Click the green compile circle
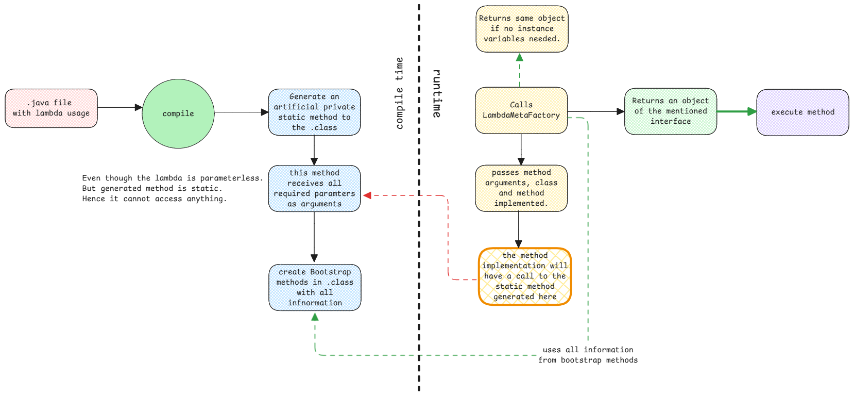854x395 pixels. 178,114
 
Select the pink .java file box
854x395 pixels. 51,108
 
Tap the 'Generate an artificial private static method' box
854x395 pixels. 314,112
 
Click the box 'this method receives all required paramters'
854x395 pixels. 314,189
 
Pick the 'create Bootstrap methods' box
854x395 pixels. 315,288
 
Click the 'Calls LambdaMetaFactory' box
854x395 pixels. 521,110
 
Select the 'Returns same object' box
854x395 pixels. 522,29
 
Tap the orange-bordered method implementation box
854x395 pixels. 525,277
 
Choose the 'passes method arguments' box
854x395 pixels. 521,188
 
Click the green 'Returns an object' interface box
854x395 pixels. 670,111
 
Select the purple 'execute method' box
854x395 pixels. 802,112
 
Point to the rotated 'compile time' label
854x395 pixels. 399,93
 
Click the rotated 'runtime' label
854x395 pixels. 437,93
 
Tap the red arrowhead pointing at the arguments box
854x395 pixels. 367,195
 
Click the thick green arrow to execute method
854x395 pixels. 737,111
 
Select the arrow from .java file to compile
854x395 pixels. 119,107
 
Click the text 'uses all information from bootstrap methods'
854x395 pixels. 588,355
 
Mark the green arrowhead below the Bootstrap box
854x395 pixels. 315,317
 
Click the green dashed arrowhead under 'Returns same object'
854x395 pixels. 520,57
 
